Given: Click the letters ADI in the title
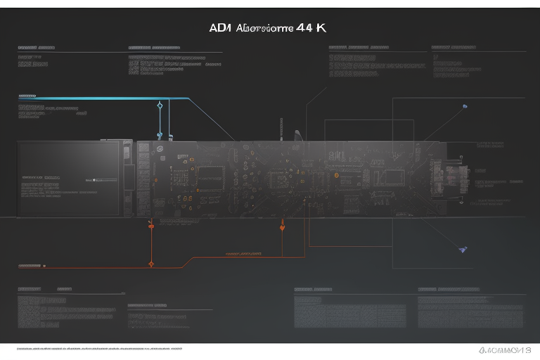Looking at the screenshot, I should coord(219,29).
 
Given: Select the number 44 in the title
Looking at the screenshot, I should coord(307,29).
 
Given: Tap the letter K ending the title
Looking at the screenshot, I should coord(321,29).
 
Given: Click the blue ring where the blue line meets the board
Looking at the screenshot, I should coord(160,134).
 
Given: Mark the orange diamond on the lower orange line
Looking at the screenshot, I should coord(151,264).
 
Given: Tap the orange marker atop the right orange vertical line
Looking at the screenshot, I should coord(282,226).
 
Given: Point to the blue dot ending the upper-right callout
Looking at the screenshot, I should coord(465,106).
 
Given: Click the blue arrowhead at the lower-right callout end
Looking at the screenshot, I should coord(462,249).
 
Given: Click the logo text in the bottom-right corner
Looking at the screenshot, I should coord(504,349).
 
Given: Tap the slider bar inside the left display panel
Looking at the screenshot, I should coord(98,180).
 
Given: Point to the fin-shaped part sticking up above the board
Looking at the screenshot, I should coord(299,134).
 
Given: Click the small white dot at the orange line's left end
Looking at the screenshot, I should coord(44,266).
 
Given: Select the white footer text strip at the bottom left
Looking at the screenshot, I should coord(98,349).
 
